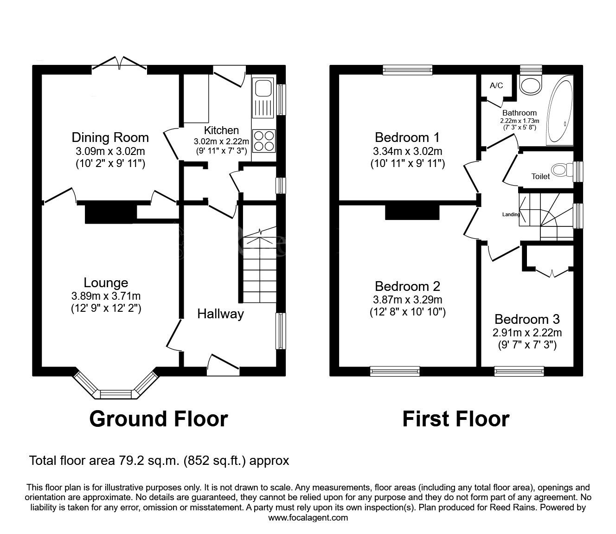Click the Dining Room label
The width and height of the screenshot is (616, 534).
(x=110, y=137)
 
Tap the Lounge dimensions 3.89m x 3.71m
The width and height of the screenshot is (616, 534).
(x=106, y=296)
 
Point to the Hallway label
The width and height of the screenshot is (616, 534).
(x=220, y=314)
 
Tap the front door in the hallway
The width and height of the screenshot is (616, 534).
(x=223, y=365)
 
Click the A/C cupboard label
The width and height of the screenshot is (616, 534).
(x=496, y=86)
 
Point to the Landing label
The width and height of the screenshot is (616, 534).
(x=511, y=214)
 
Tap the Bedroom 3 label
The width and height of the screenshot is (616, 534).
(x=527, y=319)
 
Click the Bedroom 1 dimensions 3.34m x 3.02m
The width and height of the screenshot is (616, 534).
(x=407, y=151)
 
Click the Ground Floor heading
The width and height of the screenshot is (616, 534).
(x=158, y=418)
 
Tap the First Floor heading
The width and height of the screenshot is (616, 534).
(x=456, y=418)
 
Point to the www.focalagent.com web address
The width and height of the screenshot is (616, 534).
(x=308, y=518)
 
